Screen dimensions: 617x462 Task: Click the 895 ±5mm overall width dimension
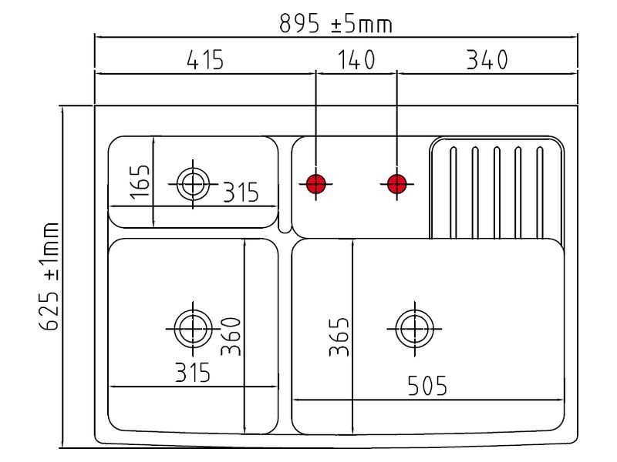pos(335,24)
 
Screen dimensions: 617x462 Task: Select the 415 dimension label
pos(205,60)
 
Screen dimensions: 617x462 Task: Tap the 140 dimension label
pos(356,60)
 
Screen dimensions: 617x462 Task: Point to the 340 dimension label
pos(487,60)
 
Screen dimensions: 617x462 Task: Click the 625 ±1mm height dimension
pos(49,276)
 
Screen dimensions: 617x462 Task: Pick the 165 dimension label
pos(140,182)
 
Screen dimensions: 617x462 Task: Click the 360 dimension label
pos(231,336)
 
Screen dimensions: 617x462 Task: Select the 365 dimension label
pos(339,337)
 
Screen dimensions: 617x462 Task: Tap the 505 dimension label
pos(427,386)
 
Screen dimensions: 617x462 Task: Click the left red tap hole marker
pos(315,184)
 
